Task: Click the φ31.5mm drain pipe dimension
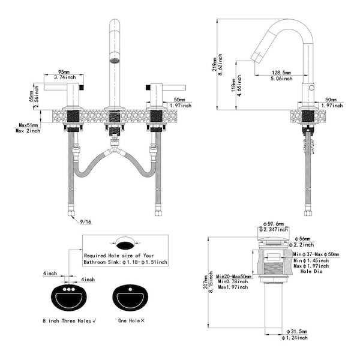(298, 331)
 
